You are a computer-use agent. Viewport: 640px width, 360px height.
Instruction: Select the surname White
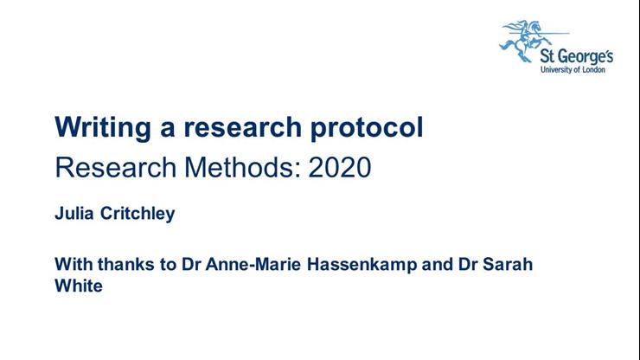coord(79,286)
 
